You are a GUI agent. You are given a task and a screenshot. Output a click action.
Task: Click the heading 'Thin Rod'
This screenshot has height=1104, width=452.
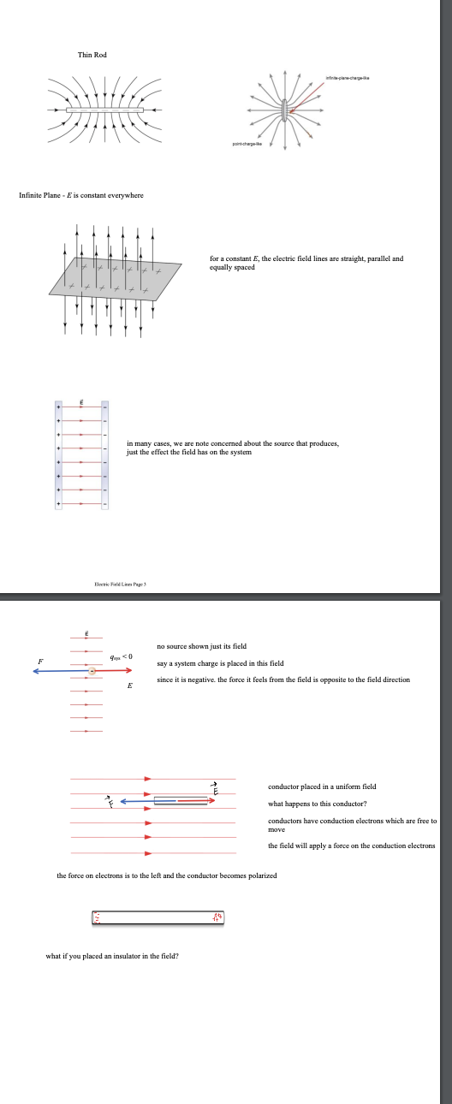pos(92,55)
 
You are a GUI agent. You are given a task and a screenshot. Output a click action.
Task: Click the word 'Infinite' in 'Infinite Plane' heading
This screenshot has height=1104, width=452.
pos(31,195)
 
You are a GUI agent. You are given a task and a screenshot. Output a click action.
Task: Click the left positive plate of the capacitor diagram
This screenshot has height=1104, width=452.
pos(58,456)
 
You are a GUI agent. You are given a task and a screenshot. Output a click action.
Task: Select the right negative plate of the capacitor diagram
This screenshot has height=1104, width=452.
pos(105,456)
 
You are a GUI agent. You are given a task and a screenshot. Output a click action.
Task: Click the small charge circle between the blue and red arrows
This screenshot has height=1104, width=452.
pos(92,672)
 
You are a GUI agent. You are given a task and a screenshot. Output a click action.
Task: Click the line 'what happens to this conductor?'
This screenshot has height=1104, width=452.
pos(317,804)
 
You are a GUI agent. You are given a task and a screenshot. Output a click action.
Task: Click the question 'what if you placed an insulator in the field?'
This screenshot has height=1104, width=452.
pos(112,956)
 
